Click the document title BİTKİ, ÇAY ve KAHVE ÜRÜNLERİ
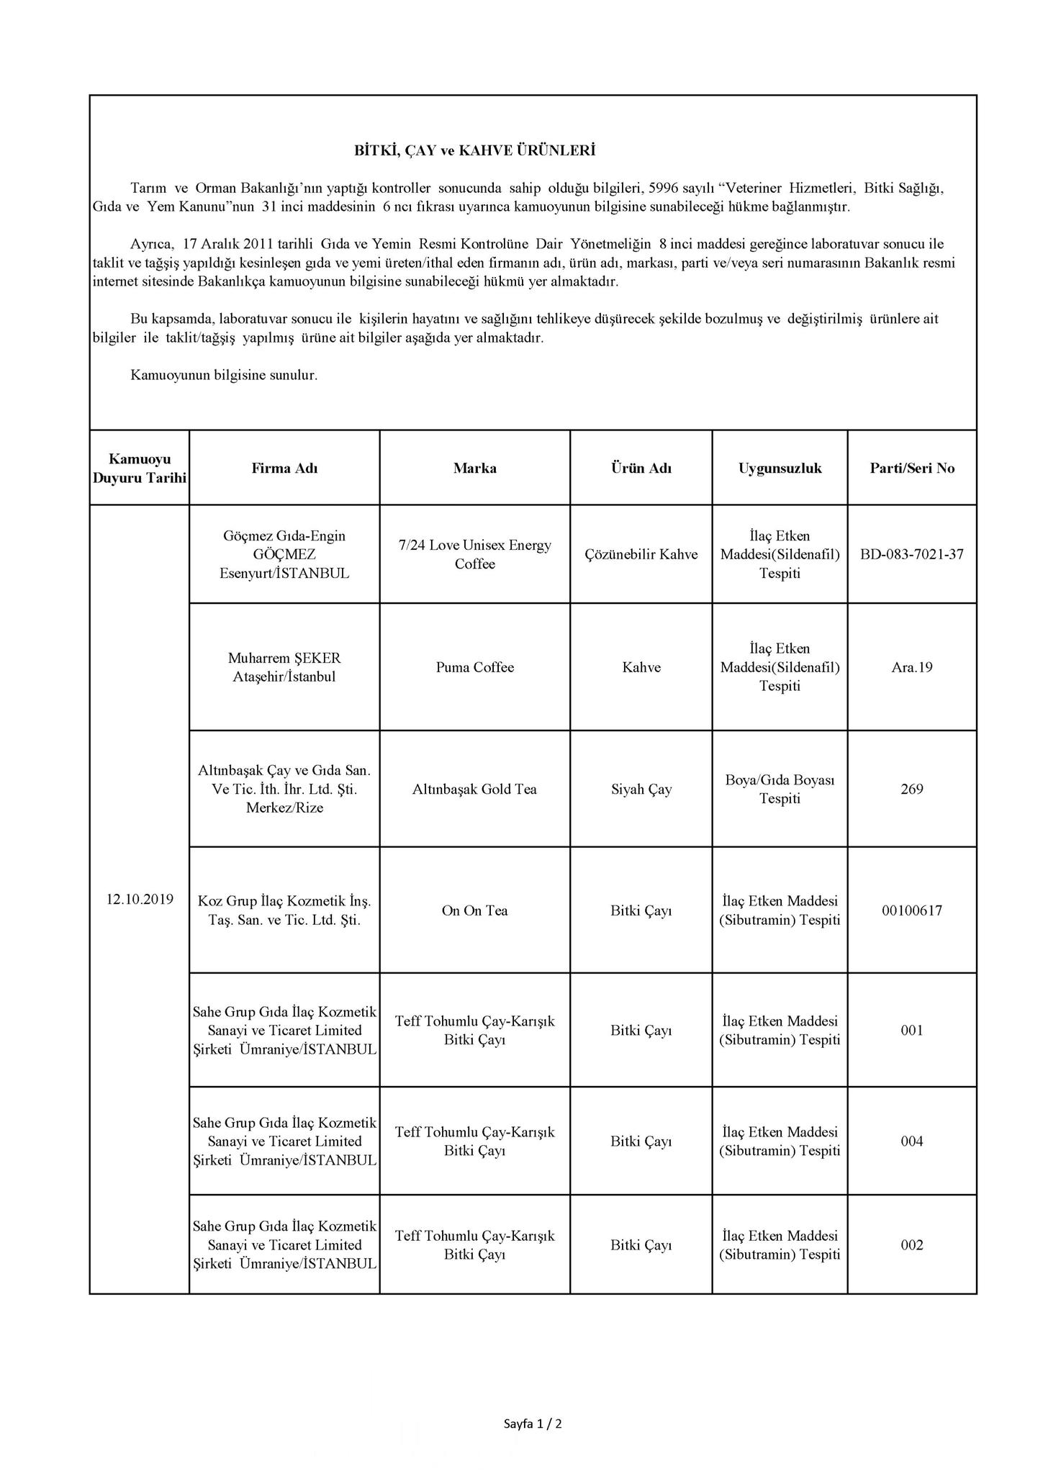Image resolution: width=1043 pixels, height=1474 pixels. point(474,151)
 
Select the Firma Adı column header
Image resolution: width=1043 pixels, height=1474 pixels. point(284,469)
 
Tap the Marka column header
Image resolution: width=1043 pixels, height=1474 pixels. point(474,469)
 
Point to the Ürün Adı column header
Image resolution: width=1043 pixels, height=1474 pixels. point(641,469)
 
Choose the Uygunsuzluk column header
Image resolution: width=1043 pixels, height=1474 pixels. point(780,469)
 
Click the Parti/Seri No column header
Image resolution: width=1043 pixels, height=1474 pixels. point(912,469)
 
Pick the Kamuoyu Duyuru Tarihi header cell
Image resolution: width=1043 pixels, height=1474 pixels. point(140,469)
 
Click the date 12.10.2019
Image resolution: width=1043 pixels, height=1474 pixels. point(140,899)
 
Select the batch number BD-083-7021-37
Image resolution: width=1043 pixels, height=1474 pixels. point(912,554)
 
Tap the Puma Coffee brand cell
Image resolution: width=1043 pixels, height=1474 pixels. point(474,667)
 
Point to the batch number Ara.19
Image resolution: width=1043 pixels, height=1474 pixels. point(912,667)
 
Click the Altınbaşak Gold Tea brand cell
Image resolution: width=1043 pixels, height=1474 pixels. point(474,790)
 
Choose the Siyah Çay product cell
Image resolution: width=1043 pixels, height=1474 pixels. point(641,790)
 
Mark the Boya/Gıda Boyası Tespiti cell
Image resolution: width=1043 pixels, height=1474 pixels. point(780,790)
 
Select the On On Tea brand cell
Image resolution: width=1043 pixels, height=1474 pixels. point(474,910)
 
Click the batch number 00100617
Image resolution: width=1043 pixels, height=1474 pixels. point(912,910)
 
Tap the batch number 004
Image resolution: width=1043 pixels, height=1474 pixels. point(912,1141)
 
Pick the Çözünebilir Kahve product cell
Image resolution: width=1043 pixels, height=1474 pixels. point(641,554)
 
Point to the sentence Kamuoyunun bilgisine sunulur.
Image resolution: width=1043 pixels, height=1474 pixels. point(224,375)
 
